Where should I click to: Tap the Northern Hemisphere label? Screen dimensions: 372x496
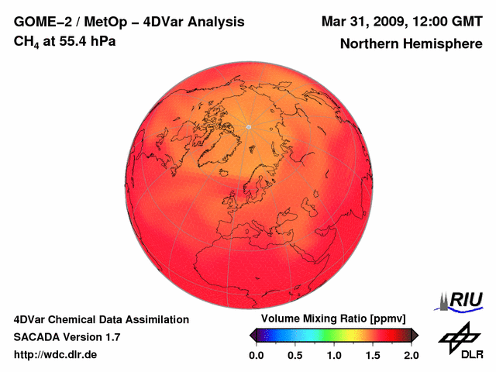point(411,44)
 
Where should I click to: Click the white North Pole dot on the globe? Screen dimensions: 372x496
point(248,126)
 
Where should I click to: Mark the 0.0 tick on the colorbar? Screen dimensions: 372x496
point(257,355)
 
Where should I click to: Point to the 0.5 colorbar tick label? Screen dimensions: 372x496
point(295,355)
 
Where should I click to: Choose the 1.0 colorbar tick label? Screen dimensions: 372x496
point(334,355)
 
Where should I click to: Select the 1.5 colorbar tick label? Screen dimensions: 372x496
point(373,355)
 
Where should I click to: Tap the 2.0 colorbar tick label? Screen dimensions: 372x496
point(412,355)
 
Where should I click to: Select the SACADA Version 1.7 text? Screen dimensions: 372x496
point(67,337)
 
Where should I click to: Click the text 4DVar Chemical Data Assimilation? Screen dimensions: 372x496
point(101,319)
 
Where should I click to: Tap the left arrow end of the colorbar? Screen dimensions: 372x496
point(253,335)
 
